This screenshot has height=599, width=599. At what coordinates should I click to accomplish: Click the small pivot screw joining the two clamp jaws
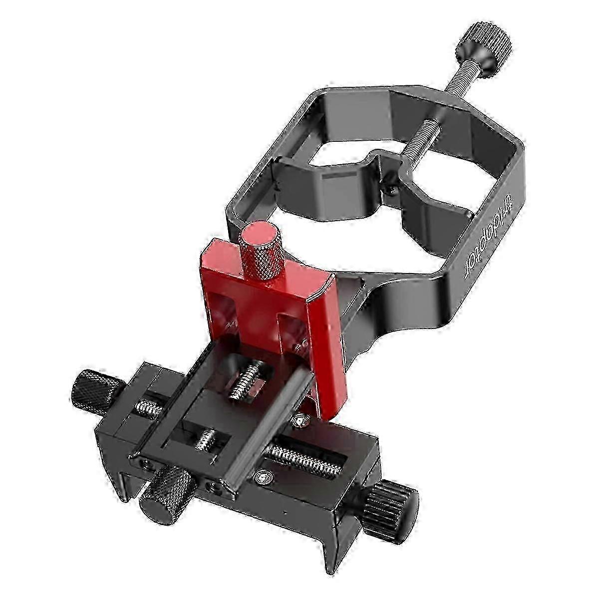pyautogui.click(x=391, y=187)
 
